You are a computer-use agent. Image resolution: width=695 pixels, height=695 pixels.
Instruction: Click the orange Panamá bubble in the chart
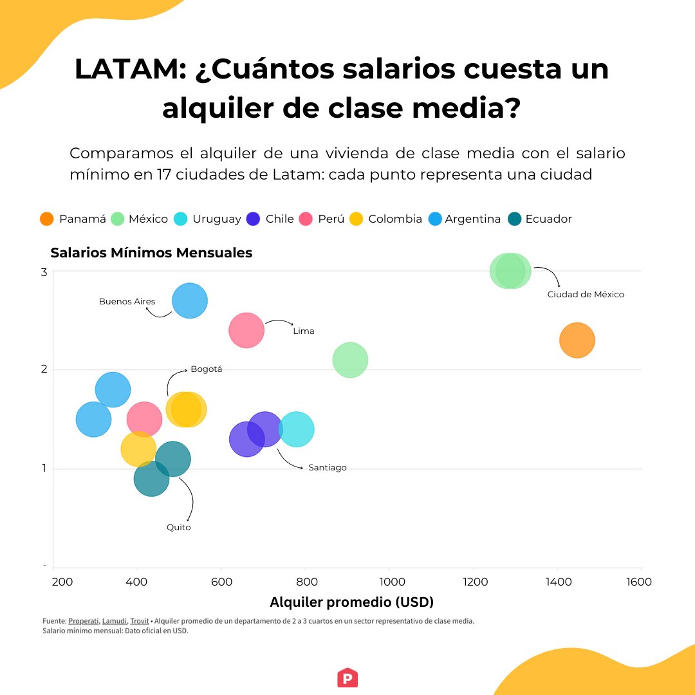(x=577, y=340)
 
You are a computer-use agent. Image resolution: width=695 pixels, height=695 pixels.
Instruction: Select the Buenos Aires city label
(x=127, y=301)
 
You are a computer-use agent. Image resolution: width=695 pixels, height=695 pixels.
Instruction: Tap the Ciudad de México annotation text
(x=586, y=294)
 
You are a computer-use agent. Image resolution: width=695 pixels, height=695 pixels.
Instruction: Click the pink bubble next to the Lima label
(x=246, y=330)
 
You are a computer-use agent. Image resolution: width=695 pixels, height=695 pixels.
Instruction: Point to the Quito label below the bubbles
(x=178, y=527)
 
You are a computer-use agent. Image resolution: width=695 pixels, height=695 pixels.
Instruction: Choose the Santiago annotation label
(x=327, y=468)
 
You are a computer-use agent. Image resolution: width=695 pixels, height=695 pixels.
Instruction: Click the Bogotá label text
(x=206, y=369)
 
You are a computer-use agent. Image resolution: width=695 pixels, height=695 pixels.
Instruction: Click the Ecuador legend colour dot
(x=515, y=219)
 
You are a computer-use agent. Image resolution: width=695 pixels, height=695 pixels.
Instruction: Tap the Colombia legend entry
(x=394, y=219)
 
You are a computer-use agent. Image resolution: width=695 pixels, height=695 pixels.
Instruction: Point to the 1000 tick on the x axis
(x=389, y=582)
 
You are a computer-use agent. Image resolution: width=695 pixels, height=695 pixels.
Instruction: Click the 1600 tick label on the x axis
(x=638, y=582)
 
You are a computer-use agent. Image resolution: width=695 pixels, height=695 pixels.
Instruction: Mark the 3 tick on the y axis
(x=44, y=272)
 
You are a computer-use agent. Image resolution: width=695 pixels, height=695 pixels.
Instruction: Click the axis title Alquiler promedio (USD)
(x=351, y=602)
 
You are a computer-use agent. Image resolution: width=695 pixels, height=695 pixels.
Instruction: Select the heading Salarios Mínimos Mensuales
(x=151, y=253)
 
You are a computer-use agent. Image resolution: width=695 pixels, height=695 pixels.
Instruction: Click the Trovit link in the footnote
(x=139, y=621)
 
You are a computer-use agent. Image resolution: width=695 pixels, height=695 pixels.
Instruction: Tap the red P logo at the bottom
(x=347, y=678)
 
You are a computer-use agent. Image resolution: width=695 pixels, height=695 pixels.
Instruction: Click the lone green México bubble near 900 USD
(x=350, y=360)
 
